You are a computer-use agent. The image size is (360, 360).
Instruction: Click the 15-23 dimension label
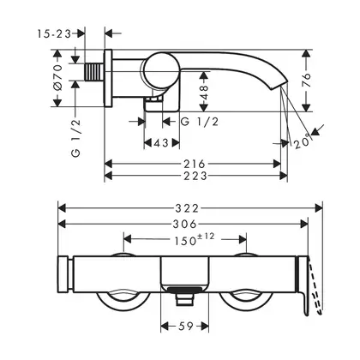54,34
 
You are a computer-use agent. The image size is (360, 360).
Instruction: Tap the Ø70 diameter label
57,77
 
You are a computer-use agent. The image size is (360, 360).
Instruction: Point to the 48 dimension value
205,92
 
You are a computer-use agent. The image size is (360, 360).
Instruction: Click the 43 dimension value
161,142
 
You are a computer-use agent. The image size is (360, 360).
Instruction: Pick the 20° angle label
302,141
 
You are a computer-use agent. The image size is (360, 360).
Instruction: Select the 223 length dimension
195,176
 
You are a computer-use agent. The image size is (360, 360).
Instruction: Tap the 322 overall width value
187,208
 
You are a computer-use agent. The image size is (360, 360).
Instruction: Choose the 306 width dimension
185,224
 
